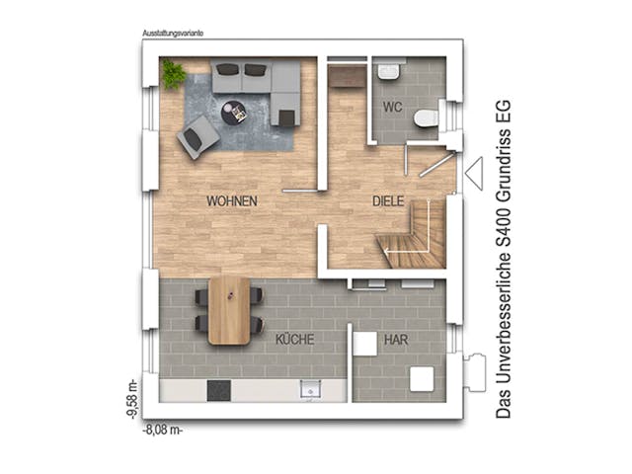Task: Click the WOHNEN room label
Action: [232, 200]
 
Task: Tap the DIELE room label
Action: [389, 200]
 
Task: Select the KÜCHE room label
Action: [294, 340]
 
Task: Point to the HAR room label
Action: [396, 340]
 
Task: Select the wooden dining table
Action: [229, 309]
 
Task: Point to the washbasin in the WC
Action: [388, 71]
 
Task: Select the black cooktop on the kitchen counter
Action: [219, 391]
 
